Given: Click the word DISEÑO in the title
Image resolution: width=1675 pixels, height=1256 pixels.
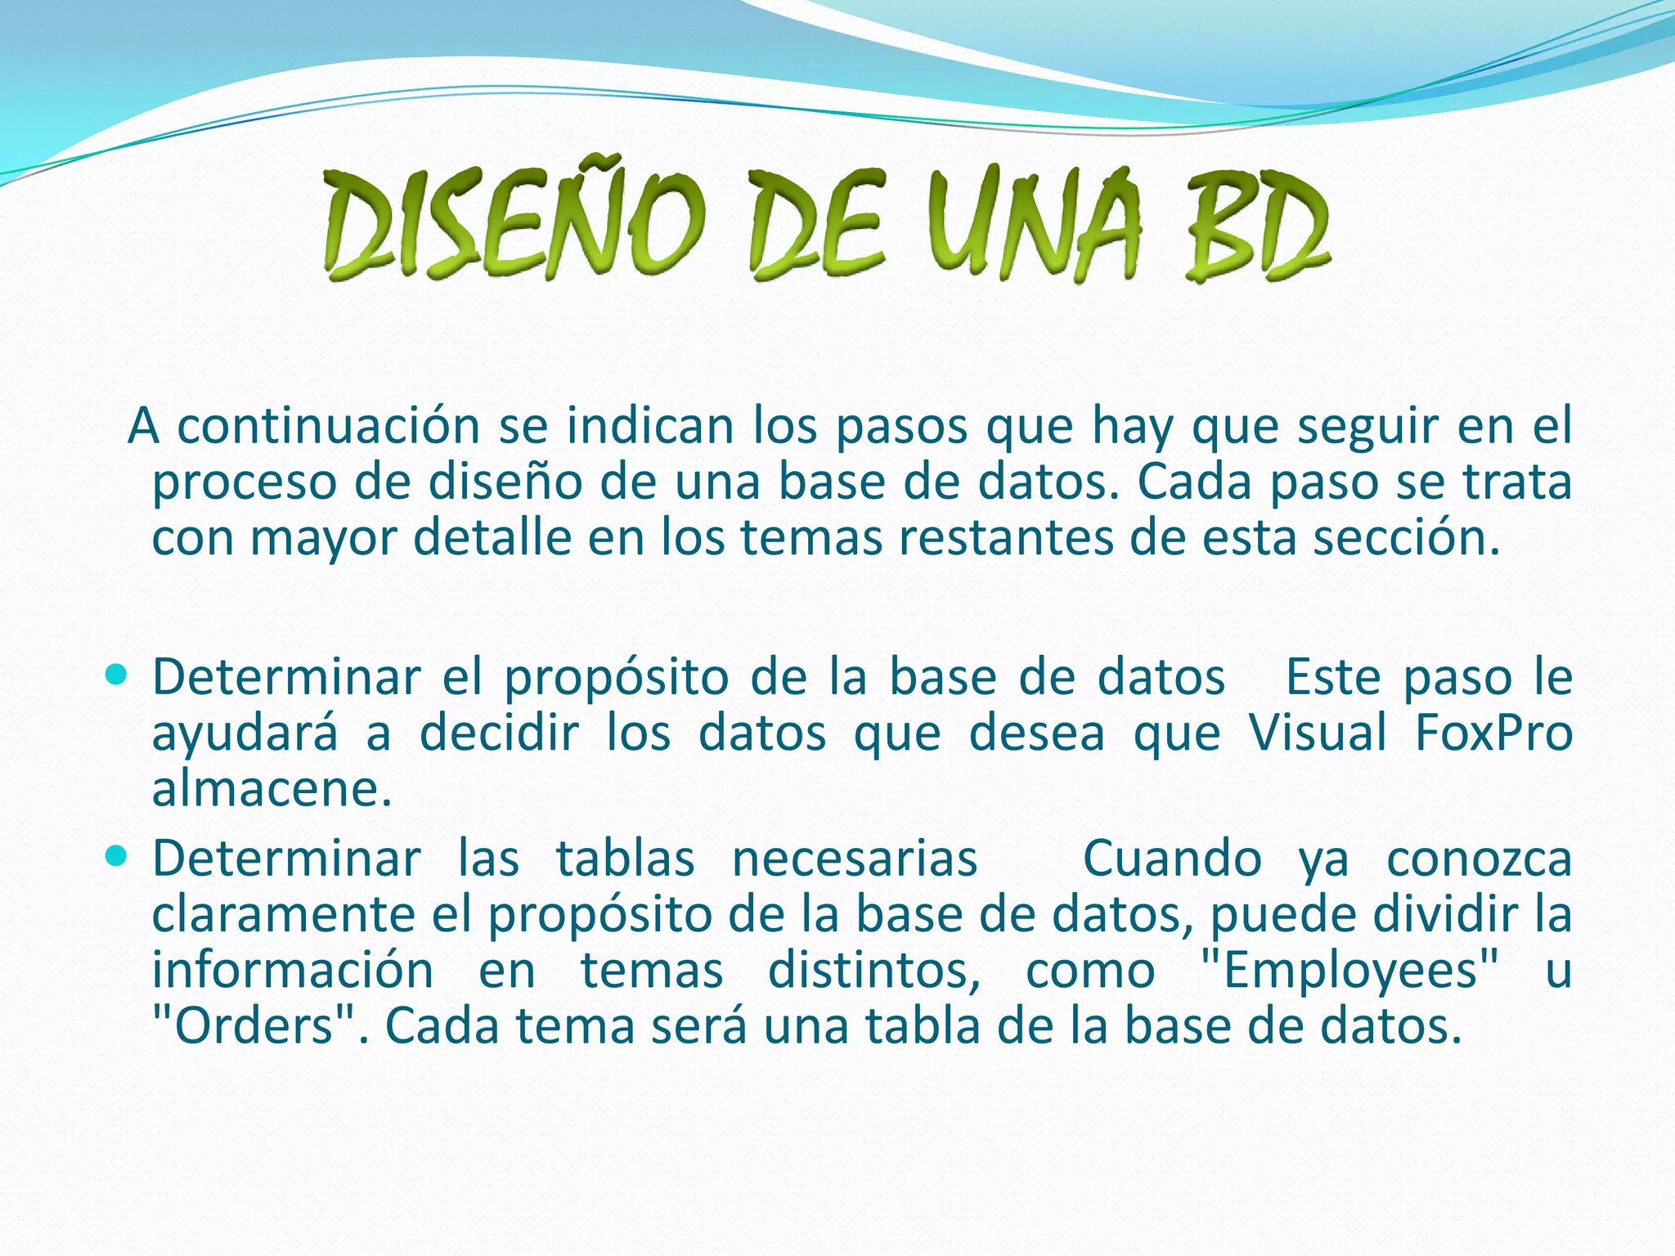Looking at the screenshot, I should click(514, 221).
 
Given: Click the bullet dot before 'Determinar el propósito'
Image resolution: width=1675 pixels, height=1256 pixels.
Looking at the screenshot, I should click(118, 675).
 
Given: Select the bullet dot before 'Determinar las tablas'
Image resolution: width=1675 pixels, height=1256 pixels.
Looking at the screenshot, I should click(118, 856).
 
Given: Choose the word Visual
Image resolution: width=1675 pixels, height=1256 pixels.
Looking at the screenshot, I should click(1318, 732).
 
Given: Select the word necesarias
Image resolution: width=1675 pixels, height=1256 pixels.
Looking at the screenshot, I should click(855, 859).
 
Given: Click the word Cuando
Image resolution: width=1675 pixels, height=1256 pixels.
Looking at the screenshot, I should click(1172, 859).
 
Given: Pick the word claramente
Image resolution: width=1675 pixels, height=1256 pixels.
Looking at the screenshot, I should click(284, 913).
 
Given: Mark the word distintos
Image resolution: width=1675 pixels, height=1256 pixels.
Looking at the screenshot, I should click(874, 970).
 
